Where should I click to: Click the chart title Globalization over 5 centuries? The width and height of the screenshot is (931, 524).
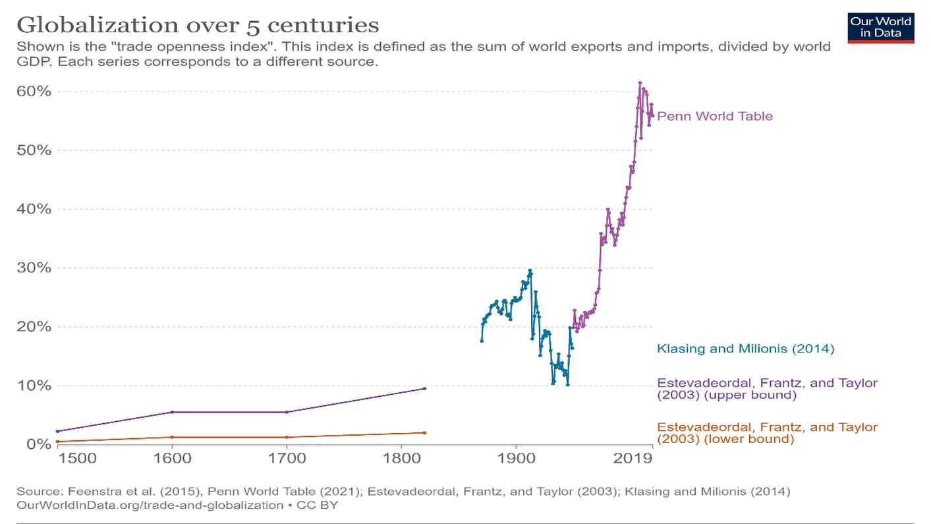coord(198,25)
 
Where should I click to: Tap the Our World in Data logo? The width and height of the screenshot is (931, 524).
coord(881,27)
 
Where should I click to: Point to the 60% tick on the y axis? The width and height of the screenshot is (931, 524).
coord(34,91)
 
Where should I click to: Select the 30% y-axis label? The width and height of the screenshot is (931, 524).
coord(34,268)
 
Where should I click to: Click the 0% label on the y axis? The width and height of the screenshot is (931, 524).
coord(38,444)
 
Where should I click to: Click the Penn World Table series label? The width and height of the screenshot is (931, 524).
coord(715,117)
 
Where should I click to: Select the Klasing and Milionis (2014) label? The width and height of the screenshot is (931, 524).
coord(745,349)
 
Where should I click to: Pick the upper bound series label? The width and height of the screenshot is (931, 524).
coord(767,389)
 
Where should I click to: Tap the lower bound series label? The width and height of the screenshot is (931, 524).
coord(767,433)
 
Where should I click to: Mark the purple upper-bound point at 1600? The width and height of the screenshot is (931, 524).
coord(172,412)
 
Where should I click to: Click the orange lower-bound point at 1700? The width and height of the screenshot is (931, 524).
coord(287,437)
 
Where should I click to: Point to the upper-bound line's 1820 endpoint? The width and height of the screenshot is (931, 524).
coord(424,388)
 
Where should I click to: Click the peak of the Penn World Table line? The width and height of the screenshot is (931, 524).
coord(640,83)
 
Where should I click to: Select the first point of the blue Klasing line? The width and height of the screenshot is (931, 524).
coord(482,341)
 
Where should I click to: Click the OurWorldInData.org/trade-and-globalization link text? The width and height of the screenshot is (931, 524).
coord(150,505)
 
